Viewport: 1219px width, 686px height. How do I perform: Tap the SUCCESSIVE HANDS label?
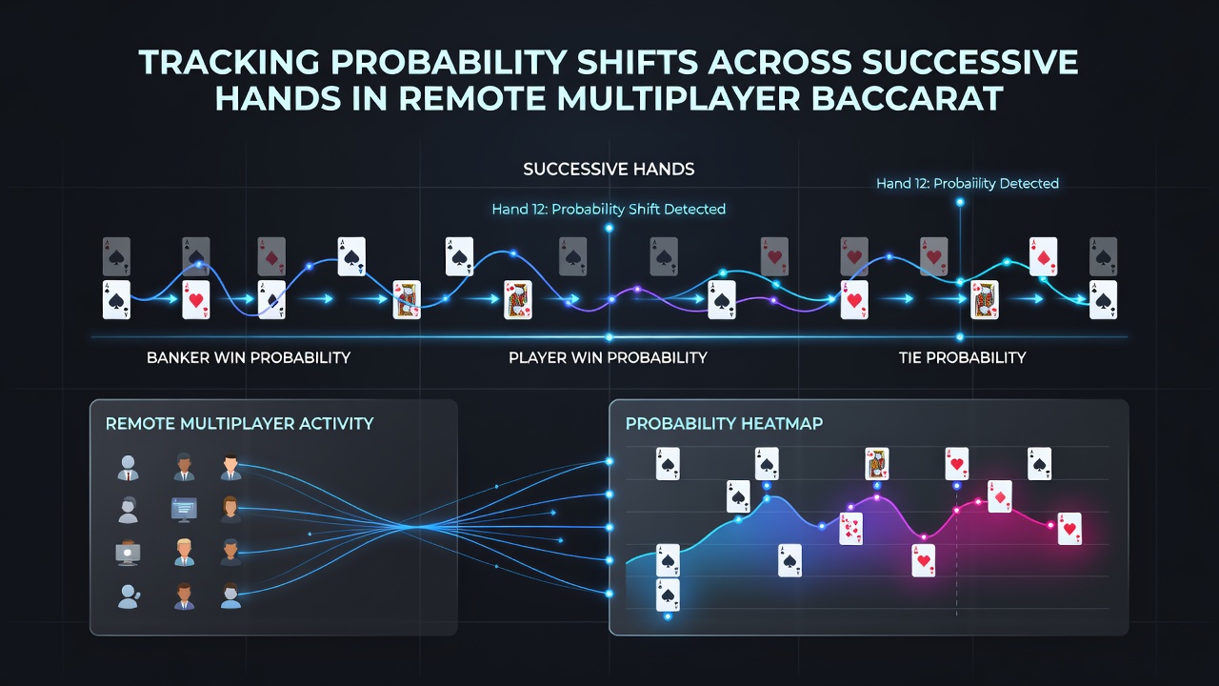[x=609, y=170]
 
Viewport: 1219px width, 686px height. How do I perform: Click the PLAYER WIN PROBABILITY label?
[x=608, y=357]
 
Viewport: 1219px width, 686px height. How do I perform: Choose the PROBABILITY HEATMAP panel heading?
[x=724, y=424]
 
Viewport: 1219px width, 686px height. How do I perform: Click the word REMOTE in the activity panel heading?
[x=140, y=424]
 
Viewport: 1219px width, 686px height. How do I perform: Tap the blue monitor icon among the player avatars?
[x=184, y=510]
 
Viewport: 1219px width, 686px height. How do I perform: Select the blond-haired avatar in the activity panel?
[x=185, y=553]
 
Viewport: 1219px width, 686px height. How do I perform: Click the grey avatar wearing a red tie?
[x=128, y=468]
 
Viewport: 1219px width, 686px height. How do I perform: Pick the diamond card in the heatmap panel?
[x=1000, y=496]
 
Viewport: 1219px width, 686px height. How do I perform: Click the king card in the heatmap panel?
[x=877, y=463]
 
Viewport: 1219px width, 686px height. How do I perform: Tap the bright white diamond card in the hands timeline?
[x=1043, y=256]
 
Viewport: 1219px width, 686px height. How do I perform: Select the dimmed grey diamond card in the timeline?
[x=271, y=256]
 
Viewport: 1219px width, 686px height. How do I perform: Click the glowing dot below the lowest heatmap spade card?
[x=668, y=616]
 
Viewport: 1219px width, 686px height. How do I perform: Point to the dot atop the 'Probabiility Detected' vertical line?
[x=960, y=203]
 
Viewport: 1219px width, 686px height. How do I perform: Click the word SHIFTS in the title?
[x=637, y=62]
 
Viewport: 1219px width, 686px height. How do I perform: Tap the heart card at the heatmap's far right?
[x=1069, y=529]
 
